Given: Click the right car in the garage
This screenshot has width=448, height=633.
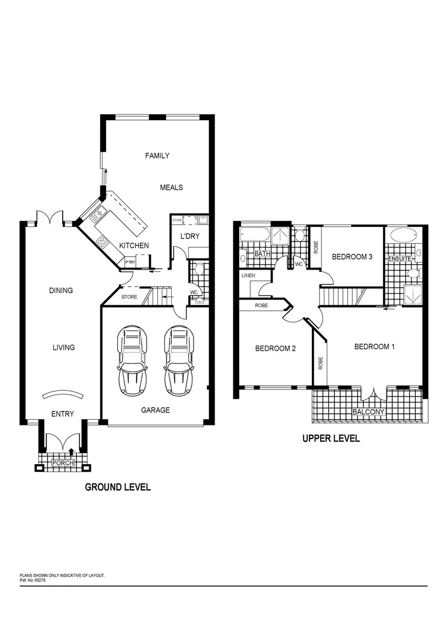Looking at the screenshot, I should pos(178,360).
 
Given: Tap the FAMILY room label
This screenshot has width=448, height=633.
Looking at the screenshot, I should pos(157,156).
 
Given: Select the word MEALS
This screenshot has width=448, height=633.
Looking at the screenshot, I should pos(171,188).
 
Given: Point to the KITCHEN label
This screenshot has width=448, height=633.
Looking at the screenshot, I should pos(134,246).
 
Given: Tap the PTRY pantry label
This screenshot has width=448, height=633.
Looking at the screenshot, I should pos(129,262).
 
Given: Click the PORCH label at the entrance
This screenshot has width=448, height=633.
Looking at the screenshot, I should pos(62,463).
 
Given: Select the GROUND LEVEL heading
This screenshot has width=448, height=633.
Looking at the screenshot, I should pos(118,487).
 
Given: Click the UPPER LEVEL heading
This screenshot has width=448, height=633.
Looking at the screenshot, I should pos(331,438).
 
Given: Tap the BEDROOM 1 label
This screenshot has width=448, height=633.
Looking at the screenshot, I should pos(374,347).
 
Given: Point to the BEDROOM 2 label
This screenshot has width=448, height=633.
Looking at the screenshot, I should pos(275,349).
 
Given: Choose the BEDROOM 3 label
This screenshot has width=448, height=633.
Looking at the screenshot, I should pos(352,257).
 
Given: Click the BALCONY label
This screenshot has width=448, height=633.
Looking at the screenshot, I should pos(368,412).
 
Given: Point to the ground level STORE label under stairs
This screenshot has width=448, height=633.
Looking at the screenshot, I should pos(129,297).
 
